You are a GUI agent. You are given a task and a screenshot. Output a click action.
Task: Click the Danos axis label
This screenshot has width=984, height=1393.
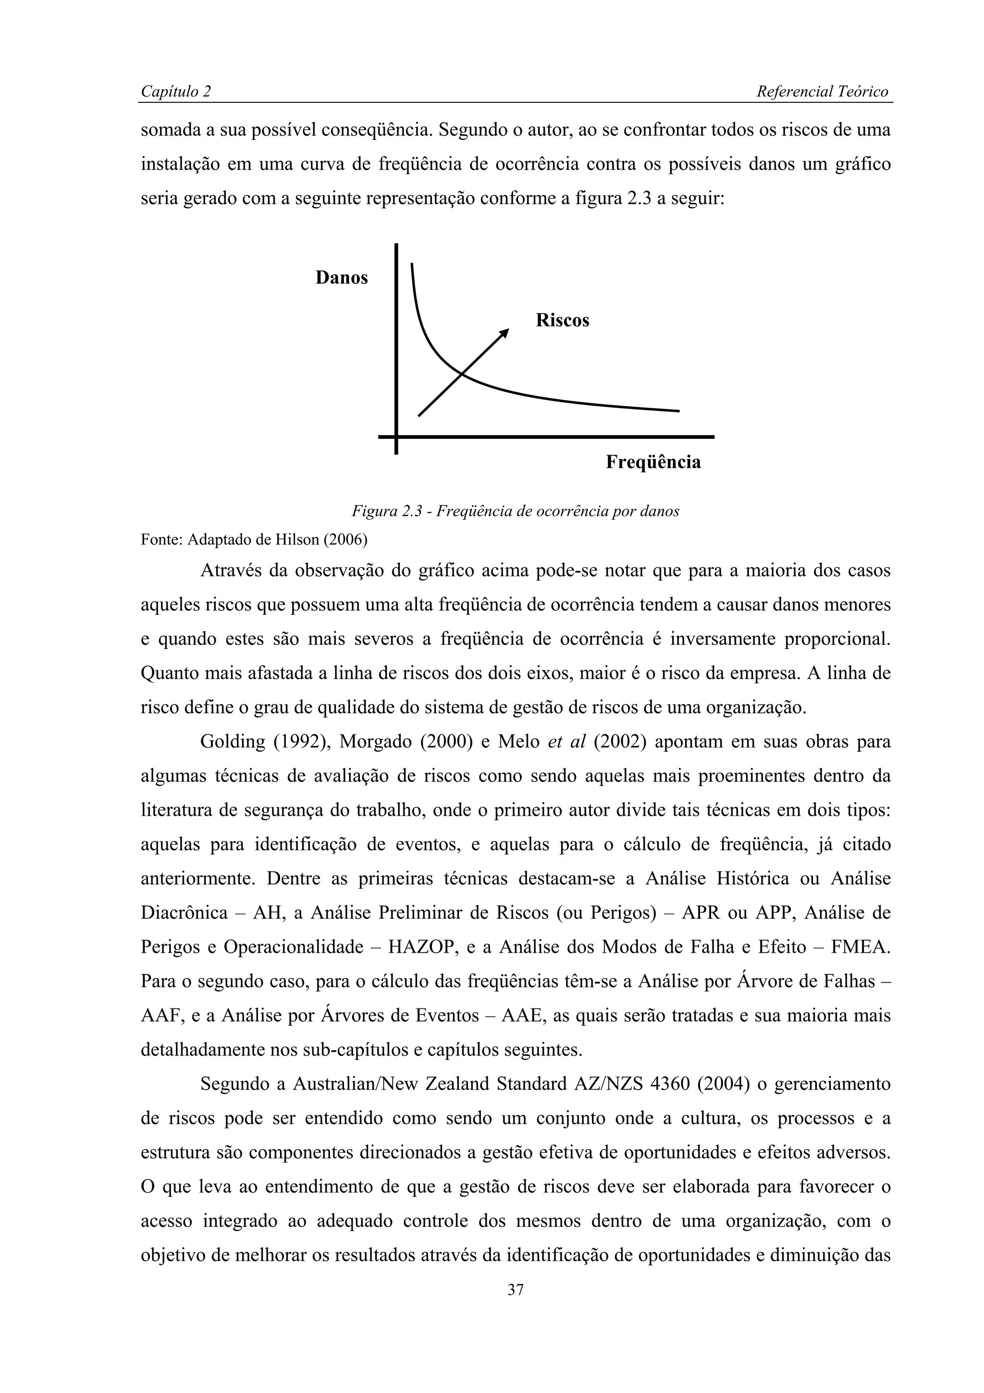(x=341, y=278)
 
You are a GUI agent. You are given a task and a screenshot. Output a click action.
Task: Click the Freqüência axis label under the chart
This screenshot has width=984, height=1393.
(x=653, y=462)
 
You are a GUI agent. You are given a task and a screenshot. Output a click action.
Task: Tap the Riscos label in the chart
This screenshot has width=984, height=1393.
(x=562, y=320)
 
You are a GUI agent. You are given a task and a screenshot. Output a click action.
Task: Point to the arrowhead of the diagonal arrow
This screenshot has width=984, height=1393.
(x=505, y=332)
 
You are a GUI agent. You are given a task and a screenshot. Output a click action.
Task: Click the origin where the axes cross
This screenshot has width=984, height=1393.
(x=396, y=436)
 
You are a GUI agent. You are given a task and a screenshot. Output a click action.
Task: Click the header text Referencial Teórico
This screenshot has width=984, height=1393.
(x=822, y=92)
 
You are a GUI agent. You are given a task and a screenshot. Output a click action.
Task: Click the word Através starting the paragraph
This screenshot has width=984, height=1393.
(x=230, y=571)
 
